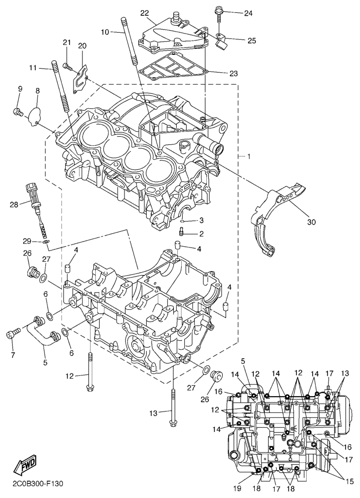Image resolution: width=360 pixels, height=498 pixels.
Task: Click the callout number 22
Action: click(x=144, y=13)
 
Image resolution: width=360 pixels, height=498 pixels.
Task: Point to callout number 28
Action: click(x=13, y=204)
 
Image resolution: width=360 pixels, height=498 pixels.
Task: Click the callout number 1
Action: click(x=249, y=157)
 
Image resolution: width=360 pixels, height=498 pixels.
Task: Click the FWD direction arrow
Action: click(x=22, y=466)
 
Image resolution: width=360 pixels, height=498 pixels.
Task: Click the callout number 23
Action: click(x=234, y=74)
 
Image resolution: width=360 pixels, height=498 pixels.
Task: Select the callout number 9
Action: click(x=20, y=89)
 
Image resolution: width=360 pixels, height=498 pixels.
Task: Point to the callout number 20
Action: click(x=82, y=46)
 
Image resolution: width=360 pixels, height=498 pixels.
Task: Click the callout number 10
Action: click(x=105, y=32)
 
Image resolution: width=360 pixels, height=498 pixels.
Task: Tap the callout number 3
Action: click(x=201, y=220)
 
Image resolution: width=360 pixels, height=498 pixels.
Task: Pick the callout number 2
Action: click(x=201, y=234)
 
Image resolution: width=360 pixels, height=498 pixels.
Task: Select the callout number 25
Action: click(x=251, y=41)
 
